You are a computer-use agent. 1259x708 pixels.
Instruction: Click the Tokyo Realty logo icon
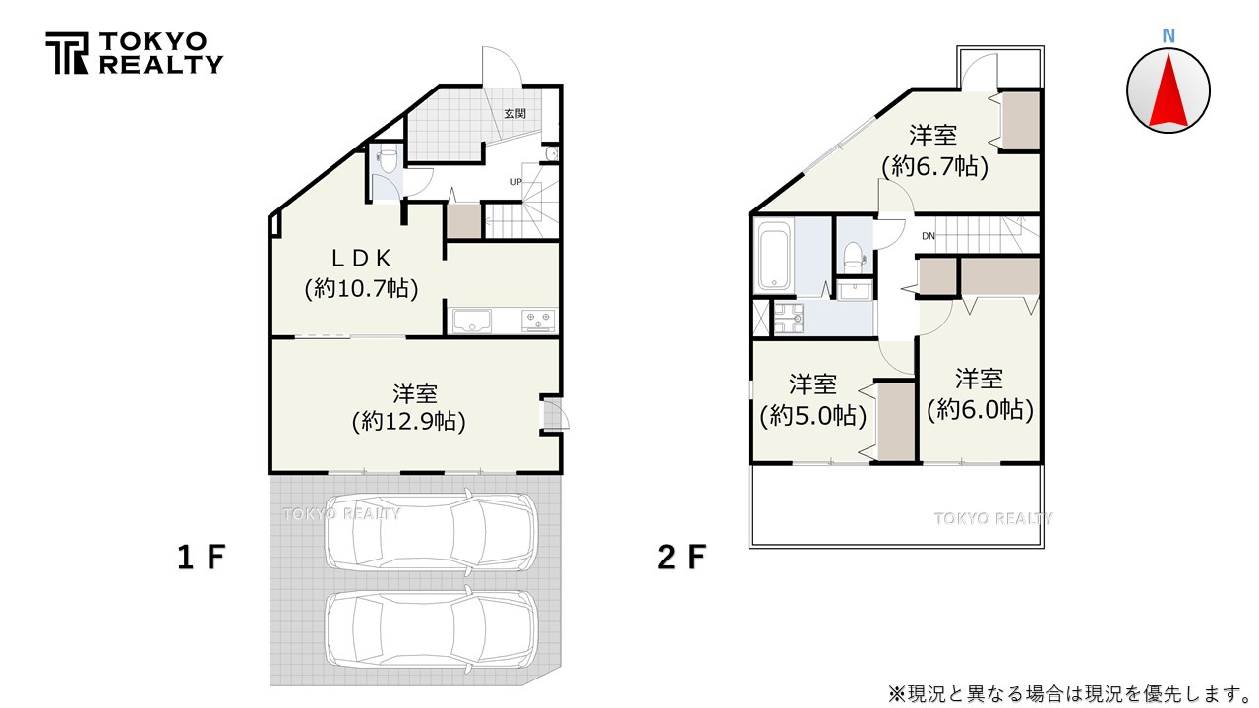[67, 53]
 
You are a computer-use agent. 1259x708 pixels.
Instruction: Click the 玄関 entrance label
[514, 114]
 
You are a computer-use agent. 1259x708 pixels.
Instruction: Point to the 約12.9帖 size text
[408, 422]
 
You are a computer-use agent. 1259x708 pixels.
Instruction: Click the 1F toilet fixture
[386, 158]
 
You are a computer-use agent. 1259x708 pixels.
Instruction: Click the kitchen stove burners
[537, 321]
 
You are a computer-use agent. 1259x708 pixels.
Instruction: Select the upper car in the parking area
[431, 531]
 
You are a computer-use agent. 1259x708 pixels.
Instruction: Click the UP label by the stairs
[516, 182]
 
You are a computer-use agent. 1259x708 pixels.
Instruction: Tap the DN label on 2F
[929, 236]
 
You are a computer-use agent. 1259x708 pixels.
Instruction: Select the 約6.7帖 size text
[933, 166]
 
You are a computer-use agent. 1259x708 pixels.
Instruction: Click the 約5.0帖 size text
[812, 416]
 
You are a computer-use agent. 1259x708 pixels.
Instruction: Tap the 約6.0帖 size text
[980, 410]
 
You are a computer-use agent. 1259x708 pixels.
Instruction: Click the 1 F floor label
[202, 559]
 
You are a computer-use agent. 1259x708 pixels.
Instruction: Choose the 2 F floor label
[682, 559]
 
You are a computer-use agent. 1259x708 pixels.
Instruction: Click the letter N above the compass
[1169, 36]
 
